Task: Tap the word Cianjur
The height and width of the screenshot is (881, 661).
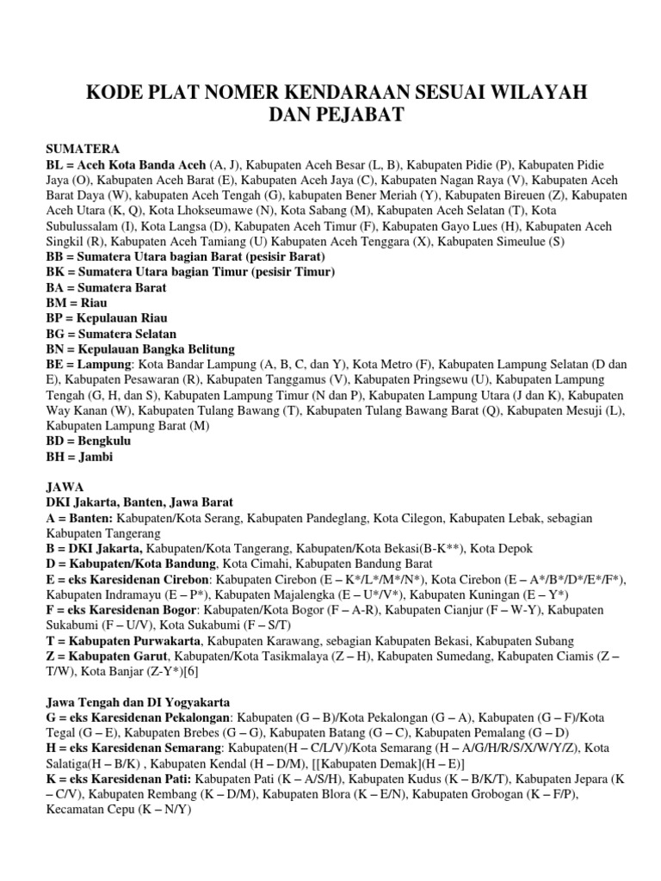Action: click(486, 611)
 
